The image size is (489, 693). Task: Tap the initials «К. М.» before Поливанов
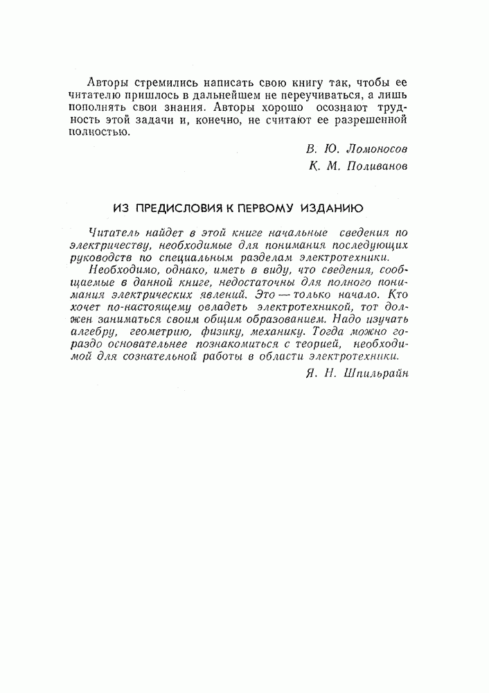321,166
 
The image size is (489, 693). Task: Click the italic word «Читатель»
113,233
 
